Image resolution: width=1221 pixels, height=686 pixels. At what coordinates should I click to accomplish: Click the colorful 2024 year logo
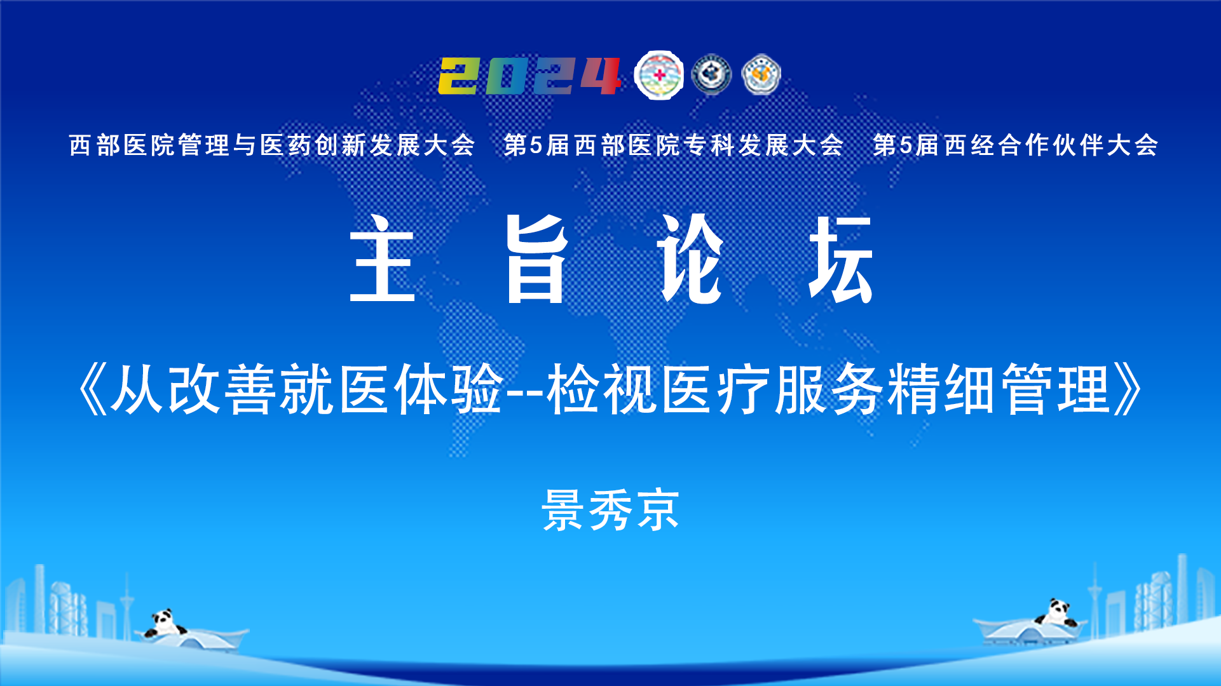529,76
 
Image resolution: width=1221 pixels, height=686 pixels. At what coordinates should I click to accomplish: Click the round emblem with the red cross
660,75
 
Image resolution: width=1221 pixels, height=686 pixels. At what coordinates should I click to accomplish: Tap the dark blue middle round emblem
711,75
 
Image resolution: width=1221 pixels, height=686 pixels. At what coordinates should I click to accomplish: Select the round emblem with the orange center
761,75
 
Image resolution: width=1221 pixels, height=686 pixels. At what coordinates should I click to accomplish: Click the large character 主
382,259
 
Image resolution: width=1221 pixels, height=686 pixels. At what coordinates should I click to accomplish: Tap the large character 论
690,259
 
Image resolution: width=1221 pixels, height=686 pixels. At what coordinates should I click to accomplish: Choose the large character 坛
841,259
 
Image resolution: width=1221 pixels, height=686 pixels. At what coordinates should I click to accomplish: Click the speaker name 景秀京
610,509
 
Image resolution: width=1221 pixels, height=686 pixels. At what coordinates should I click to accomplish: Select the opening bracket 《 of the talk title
92,389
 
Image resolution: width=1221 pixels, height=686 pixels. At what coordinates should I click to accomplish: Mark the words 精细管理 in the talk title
999,389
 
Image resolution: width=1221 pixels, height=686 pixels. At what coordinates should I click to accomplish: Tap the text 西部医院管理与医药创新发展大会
272,145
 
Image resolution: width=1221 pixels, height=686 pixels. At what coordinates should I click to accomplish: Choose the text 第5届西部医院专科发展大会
674,145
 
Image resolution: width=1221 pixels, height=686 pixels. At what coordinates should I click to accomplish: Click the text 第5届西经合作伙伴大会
1016,145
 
